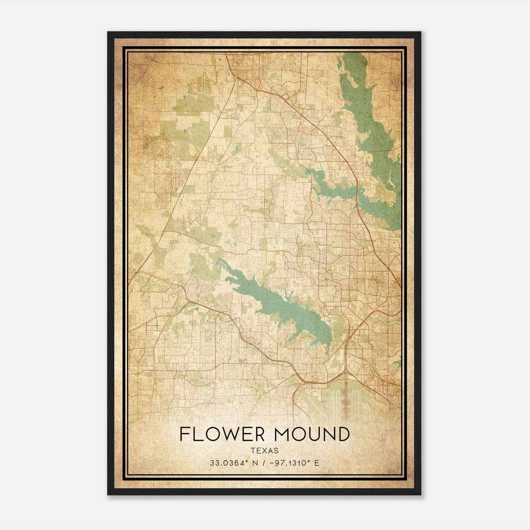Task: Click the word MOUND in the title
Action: coord(308,434)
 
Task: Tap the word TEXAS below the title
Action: coord(264,450)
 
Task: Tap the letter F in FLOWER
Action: coord(184,434)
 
